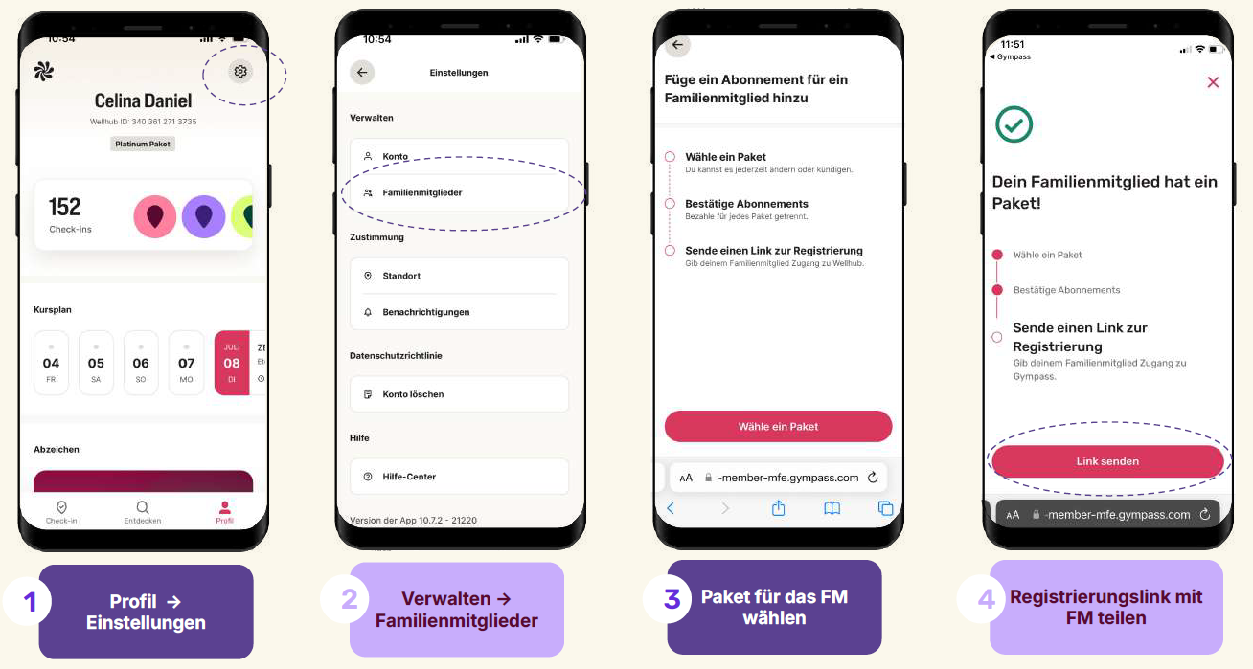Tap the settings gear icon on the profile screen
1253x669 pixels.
[240, 72]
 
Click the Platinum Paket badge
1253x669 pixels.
[143, 145]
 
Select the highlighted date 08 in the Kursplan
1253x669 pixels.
[232, 363]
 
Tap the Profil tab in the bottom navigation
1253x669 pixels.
[224, 512]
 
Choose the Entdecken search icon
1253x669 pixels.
[143, 507]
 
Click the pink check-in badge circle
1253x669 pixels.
[155, 216]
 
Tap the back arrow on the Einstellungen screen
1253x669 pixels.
[362, 73]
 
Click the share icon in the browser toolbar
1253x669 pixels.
[778, 507]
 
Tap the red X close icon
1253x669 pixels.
[1213, 82]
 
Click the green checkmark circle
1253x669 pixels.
[1014, 124]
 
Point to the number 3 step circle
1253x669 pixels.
[672, 598]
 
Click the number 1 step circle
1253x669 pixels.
[28, 602]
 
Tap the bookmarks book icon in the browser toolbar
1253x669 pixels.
[832, 507]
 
